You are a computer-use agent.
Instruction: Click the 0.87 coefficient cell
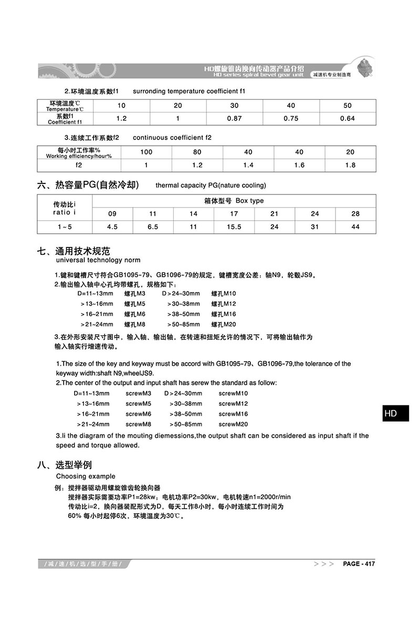coord(235,118)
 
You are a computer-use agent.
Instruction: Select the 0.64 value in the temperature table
coord(348,118)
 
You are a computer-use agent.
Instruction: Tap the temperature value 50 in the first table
coord(348,105)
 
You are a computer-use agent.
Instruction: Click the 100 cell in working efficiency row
coord(146,152)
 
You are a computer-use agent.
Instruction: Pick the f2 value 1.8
coord(350,165)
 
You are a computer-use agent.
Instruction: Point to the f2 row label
coord(79,165)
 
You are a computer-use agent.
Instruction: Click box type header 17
coord(234,214)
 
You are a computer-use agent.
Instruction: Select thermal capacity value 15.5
coord(234,227)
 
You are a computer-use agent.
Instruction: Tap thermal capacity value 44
coord(355,227)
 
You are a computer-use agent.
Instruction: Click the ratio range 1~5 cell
coord(65,227)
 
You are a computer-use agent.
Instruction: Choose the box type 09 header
coord(112,214)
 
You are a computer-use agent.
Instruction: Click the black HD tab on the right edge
coord(391,414)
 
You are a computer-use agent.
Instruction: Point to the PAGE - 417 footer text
coord(359,564)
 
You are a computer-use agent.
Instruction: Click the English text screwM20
coord(233,424)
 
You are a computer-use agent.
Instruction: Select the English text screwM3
coord(139,393)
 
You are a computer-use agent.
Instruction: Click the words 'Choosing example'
coord(86,476)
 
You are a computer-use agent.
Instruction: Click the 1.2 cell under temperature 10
coord(121,118)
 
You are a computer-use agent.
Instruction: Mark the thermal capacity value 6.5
coord(153,227)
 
